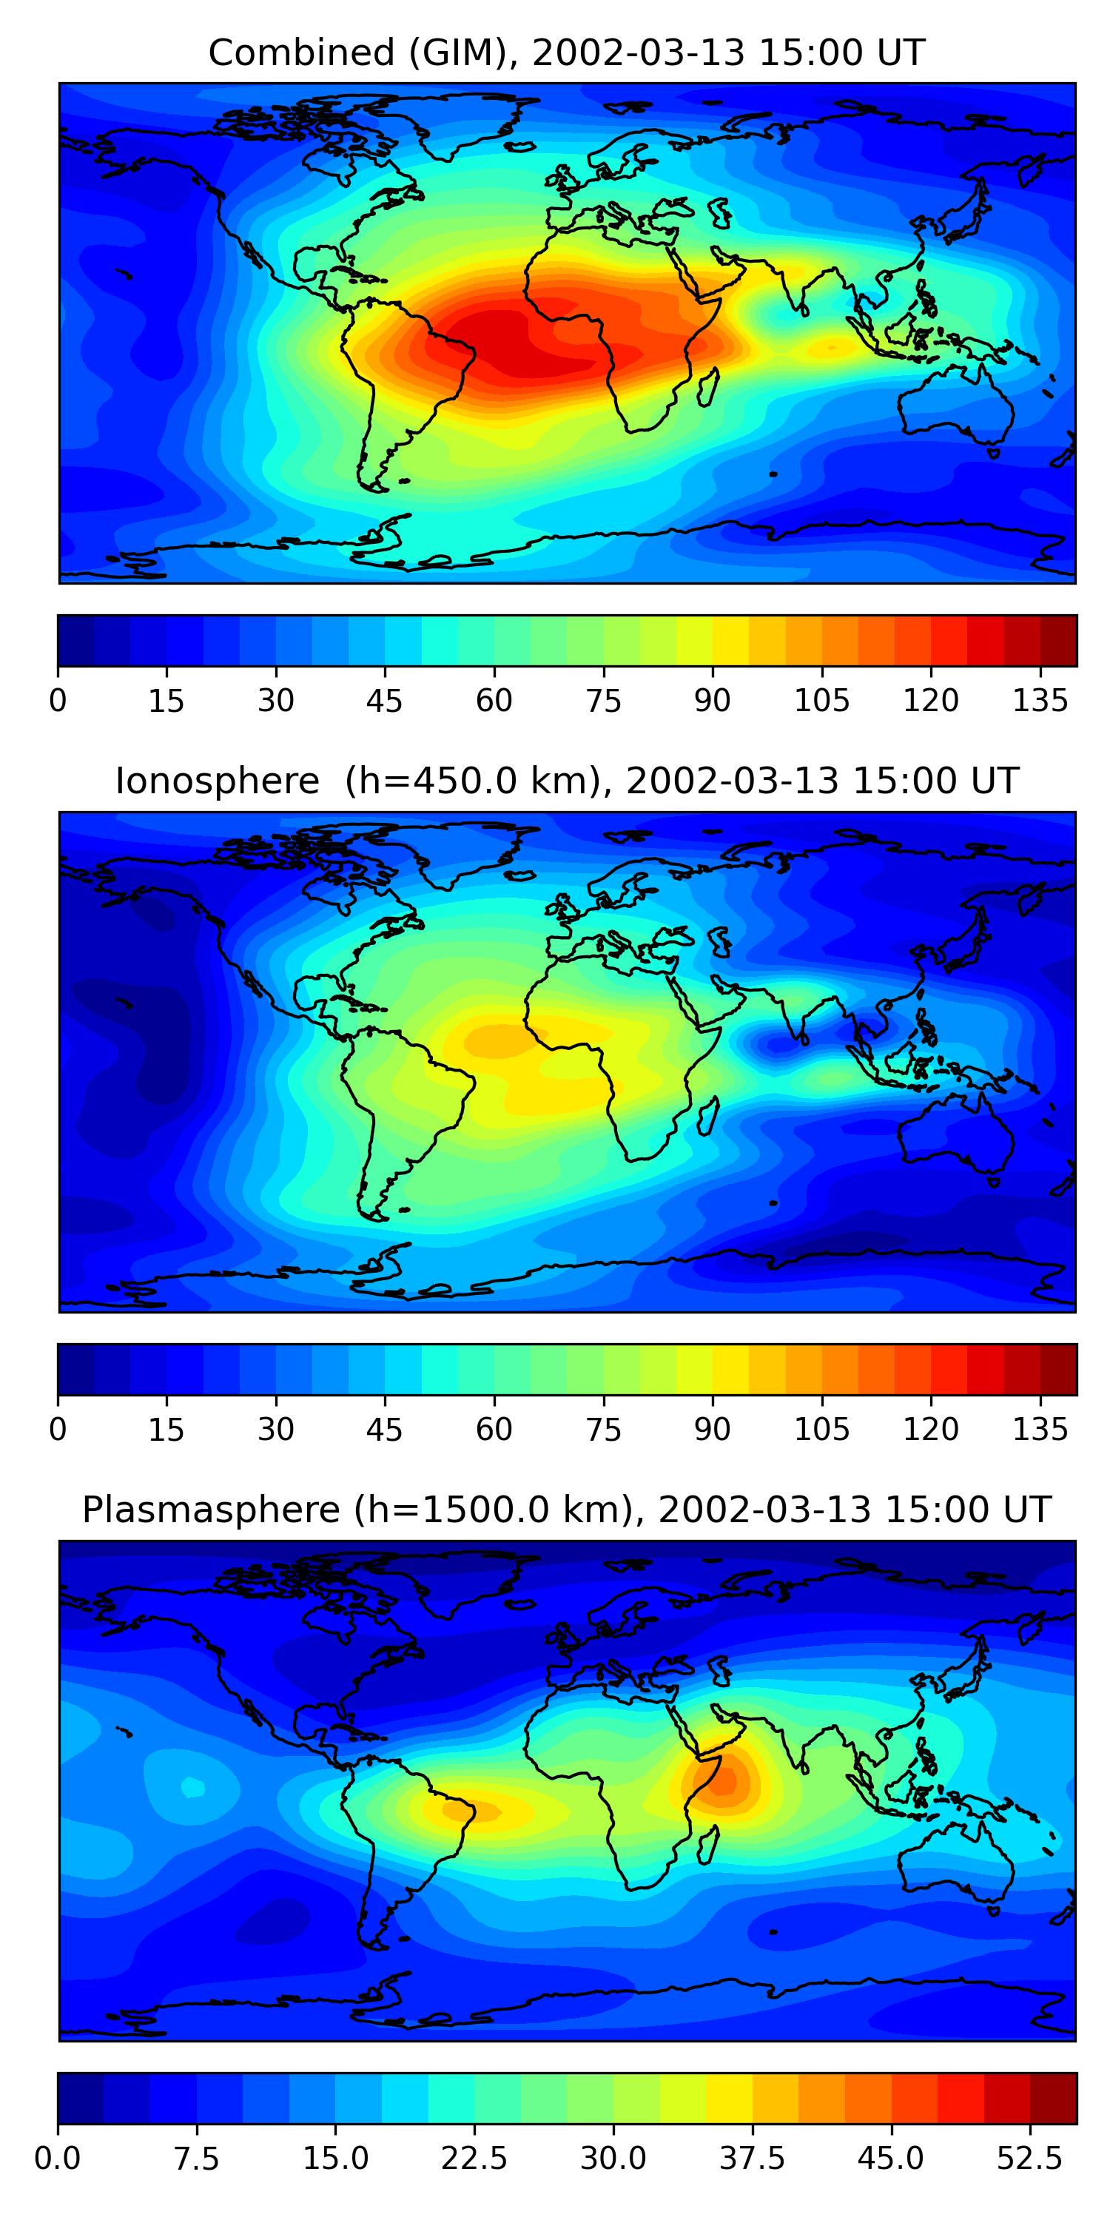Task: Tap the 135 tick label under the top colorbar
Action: [1040, 701]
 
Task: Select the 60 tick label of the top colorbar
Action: [494, 701]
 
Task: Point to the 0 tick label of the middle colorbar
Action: [58, 1430]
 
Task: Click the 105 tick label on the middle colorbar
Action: [821, 1430]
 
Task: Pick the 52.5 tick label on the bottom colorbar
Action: [1030, 2159]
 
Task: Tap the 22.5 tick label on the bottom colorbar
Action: [474, 2159]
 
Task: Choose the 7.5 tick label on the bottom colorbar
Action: [197, 2159]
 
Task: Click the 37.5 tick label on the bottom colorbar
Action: [753, 2159]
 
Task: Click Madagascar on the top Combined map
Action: [708, 387]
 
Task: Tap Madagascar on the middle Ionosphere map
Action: [708, 1116]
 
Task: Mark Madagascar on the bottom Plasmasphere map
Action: [708, 1845]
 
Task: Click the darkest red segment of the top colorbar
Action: [1058, 640]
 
